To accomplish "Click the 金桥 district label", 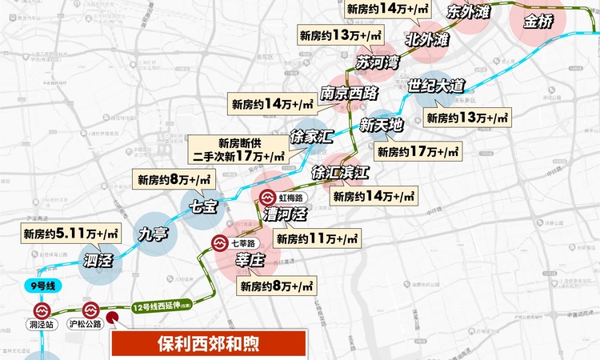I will (x=538, y=22).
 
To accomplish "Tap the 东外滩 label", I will (x=470, y=12).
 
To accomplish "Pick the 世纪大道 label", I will (x=435, y=86).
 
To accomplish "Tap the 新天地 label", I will (x=382, y=125).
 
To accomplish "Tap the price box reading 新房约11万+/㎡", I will (x=317, y=238).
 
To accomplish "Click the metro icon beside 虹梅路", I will (x=267, y=198).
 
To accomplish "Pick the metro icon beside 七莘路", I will (x=218, y=243).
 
